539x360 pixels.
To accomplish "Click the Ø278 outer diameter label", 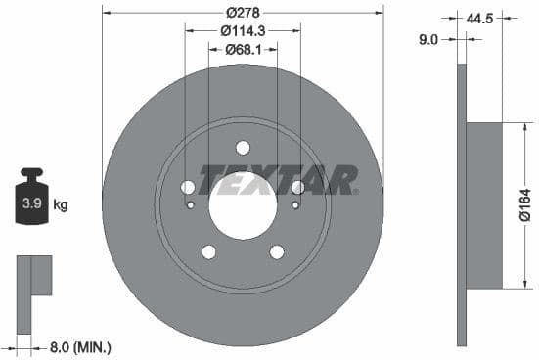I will [x=242, y=13].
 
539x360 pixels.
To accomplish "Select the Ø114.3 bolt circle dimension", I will [x=242, y=30].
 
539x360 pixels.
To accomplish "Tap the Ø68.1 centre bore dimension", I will [x=242, y=49].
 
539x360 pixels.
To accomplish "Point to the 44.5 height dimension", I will [x=479, y=18].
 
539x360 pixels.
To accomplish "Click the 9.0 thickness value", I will [x=427, y=39].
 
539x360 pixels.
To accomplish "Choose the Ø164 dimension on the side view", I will [x=525, y=206].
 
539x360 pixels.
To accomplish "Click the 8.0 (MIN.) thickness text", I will [x=81, y=347].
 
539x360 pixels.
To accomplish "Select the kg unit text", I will [x=61, y=205].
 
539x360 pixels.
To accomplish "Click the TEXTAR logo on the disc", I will [x=278, y=180].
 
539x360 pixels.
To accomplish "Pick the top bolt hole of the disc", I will [x=243, y=148].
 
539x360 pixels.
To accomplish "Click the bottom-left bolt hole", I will [x=208, y=251].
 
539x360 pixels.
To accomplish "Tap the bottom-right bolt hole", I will [x=277, y=251].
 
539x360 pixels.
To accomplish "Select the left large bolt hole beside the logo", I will [x=188, y=187].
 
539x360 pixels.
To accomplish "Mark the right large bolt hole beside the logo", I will [x=297, y=187].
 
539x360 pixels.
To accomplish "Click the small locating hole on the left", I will [x=191, y=204].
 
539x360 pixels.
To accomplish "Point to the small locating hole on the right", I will [x=295, y=204].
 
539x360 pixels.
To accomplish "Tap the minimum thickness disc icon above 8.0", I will [x=32, y=276].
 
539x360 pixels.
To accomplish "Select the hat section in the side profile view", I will [x=483, y=205].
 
